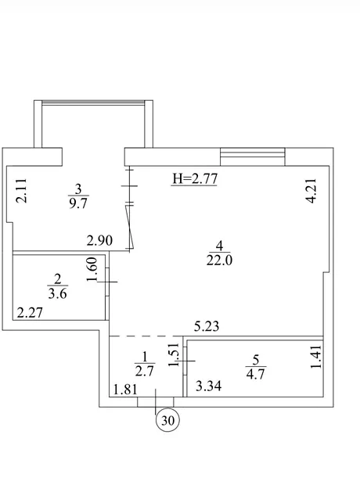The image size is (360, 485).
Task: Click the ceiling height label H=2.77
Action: [x=195, y=179]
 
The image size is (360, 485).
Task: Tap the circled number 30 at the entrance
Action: [x=167, y=420]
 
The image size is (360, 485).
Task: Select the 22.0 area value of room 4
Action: [x=219, y=260]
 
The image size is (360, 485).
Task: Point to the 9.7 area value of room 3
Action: [x=78, y=204]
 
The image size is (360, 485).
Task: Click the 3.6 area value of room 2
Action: [x=58, y=293]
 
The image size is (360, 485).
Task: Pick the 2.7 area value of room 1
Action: [x=145, y=371]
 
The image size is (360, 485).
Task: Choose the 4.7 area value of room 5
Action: [x=256, y=374]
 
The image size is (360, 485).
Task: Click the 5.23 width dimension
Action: [x=207, y=327]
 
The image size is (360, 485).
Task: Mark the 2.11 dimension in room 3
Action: [x=21, y=191]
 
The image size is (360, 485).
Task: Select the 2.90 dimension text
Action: [x=99, y=241]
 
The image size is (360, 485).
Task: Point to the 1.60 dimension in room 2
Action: [x=92, y=270]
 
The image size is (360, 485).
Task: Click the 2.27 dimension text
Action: [x=30, y=313]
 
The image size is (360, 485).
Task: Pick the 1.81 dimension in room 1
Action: [x=125, y=390]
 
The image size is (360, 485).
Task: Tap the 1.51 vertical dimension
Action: [x=173, y=354]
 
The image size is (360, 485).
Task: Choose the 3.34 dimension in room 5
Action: [x=209, y=386]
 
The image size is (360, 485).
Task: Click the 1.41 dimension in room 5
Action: [x=316, y=357]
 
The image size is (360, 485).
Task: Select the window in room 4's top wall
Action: [x=252, y=156]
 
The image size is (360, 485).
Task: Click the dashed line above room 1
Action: [x=146, y=336]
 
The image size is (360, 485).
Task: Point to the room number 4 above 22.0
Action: [x=219, y=246]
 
